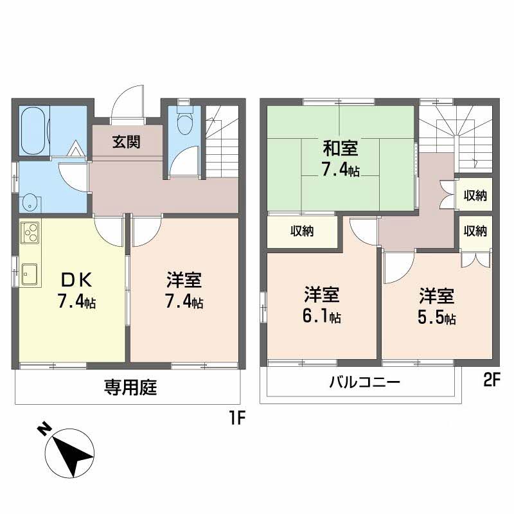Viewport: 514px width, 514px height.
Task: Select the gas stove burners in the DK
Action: [x=30, y=233]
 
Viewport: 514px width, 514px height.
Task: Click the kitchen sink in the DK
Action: [x=30, y=274]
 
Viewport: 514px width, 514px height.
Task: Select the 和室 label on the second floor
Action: [x=341, y=149]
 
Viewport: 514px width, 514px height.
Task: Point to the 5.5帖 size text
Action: [x=438, y=317]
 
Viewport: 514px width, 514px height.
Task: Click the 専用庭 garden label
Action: [x=131, y=388]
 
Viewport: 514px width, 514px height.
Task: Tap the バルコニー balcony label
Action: [x=364, y=383]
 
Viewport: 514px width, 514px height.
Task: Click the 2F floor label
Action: [x=492, y=381]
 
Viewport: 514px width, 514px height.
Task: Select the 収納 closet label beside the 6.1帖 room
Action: [x=301, y=231]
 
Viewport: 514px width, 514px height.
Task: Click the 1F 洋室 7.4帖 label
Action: [x=184, y=290]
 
